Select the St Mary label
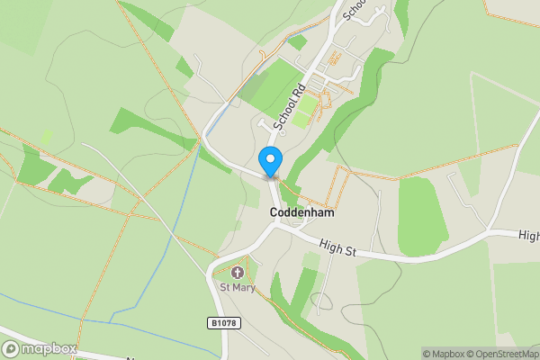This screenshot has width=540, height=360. click(x=238, y=288)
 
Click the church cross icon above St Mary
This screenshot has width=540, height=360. click(x=238, y=273)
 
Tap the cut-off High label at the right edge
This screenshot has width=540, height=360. click(x=529, y=235)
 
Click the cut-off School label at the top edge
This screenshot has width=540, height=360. click(x=354, y=7)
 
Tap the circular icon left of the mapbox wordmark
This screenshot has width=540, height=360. click(x=12, y=349)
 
